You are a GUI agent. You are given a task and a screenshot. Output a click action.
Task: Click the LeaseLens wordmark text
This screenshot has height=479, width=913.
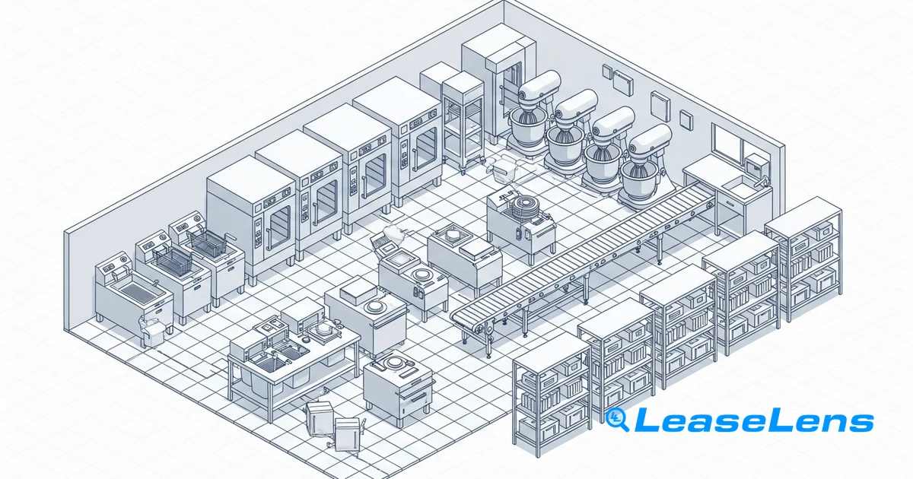point(754,420)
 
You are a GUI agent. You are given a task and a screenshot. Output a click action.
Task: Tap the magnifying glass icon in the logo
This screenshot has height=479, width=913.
point(617,420)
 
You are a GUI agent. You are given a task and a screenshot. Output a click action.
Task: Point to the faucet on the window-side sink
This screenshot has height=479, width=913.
point(763,180)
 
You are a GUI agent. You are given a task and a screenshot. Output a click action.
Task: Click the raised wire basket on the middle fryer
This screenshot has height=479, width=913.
point(173,259)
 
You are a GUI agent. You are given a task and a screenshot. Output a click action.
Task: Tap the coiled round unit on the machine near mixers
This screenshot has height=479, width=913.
point(526,208)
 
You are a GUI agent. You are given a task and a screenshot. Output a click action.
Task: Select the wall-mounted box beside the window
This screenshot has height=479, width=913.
point(757,165)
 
